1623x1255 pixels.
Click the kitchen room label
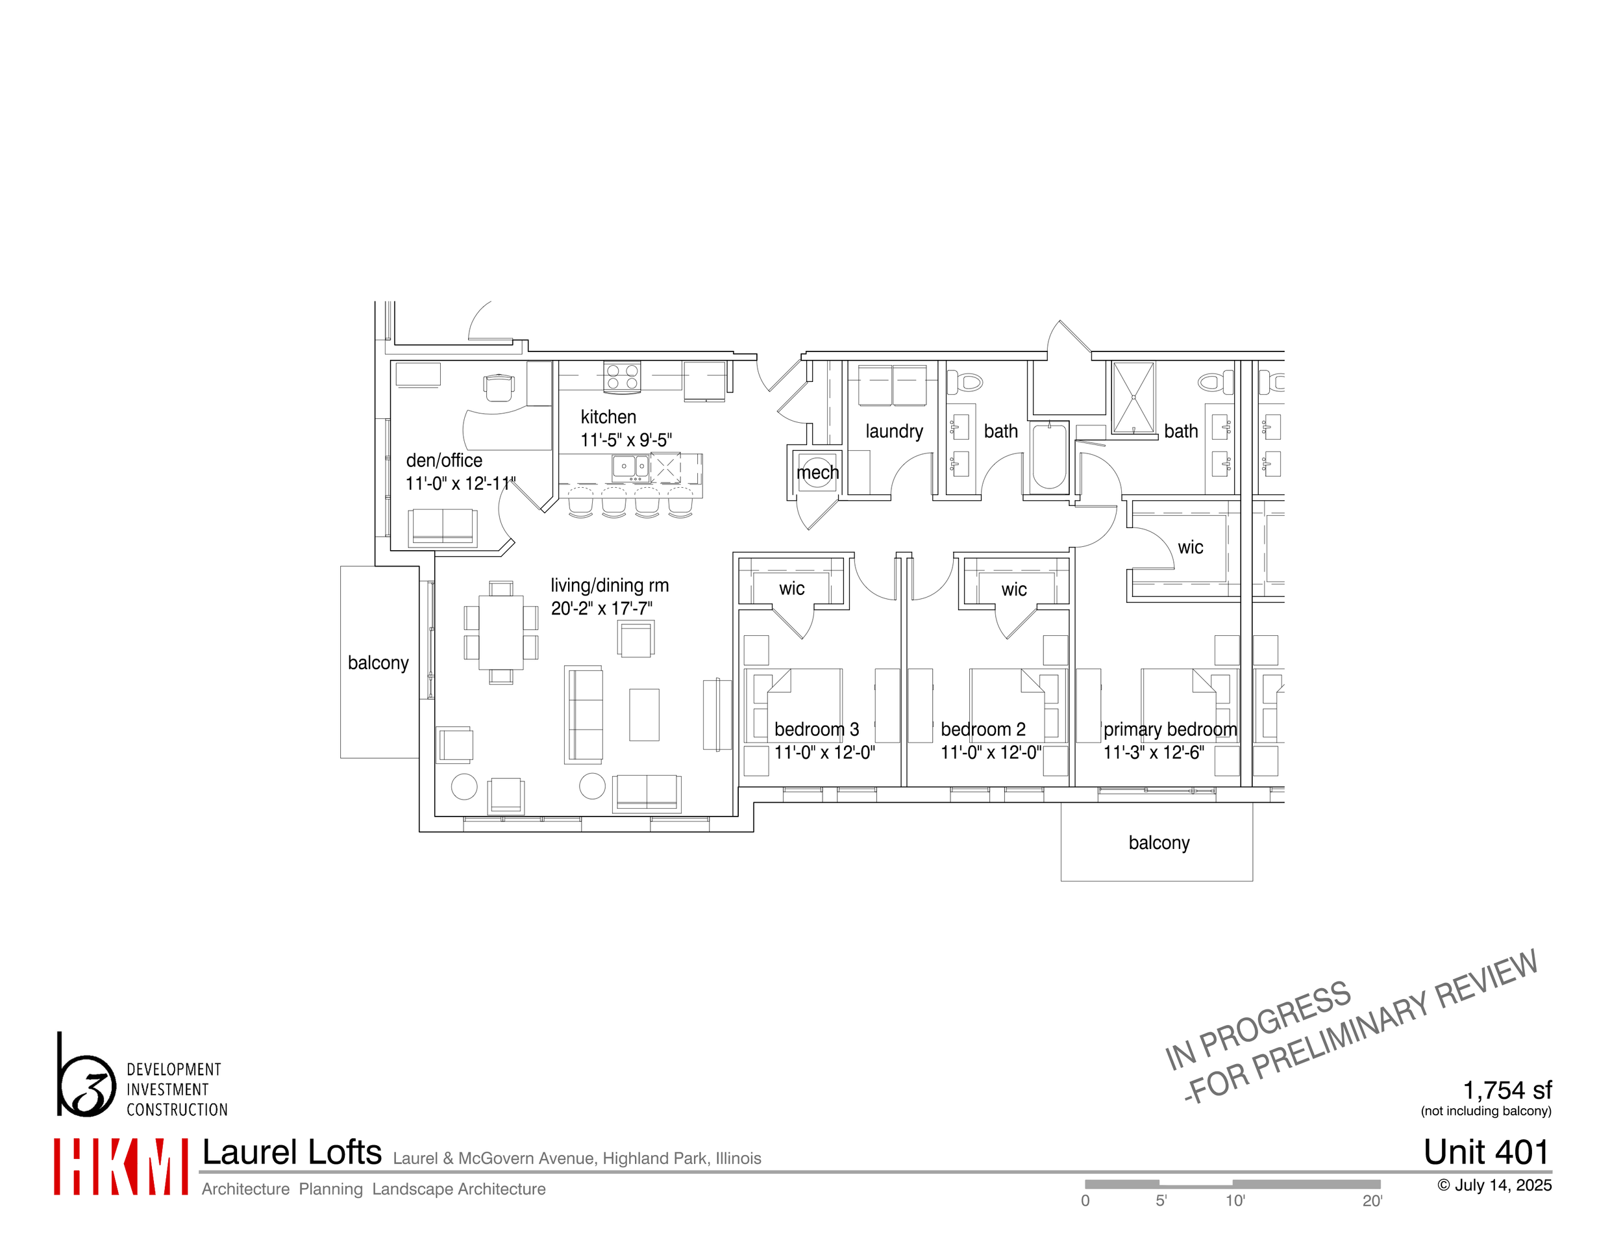[608, 417]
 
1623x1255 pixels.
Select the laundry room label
[894, 431]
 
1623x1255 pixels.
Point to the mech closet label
[817, 473]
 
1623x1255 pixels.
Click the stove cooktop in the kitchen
[621, 376]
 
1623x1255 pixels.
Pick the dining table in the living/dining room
[501, 633]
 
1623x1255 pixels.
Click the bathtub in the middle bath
[1049, 456]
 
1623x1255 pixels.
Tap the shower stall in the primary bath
[1134, 398]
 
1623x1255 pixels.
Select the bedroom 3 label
[816, 729]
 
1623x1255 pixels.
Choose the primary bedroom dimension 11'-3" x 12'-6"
[1154, 752]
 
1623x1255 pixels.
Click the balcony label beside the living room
[378, 663]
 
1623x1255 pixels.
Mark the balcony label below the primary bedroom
[1159, 843]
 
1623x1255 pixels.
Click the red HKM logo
[120, 1167]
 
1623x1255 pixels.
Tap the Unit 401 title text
[1486, 1152]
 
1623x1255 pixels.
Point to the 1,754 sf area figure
[1507, 1091]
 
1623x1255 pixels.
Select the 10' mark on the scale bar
[1235, 1200]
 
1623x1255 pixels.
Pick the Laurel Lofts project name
[292, 1152]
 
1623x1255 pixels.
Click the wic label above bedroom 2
[1013, 590]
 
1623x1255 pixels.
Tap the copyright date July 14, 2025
[1494, 1185]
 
